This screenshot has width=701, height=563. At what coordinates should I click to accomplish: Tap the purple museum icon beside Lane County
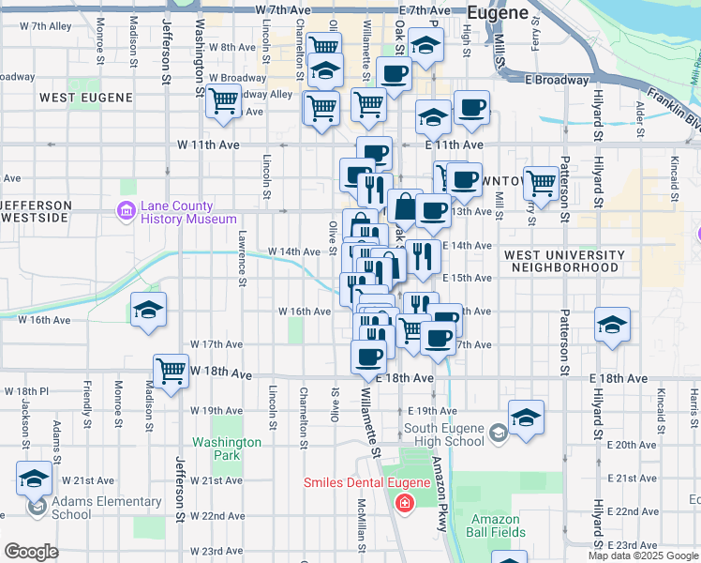click(x=126, y=212)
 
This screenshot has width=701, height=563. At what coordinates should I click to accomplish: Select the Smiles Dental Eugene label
click(x=365, y=483)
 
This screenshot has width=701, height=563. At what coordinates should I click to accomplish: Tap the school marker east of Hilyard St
click(x=613, y=325)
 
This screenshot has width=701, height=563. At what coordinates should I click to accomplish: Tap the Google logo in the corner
click(x=32, y=552)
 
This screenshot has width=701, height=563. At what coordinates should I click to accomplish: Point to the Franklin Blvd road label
click(x=677, y=111)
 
